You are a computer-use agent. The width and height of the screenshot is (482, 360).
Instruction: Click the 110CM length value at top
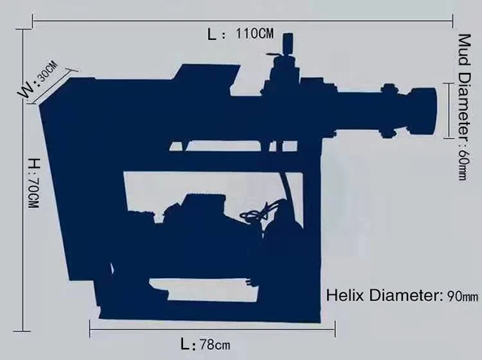[255, 34]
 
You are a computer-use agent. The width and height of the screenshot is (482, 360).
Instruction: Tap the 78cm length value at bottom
[215, 345]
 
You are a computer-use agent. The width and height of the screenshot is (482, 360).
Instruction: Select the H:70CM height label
[32, 183]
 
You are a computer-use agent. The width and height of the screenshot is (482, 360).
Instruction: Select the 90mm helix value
[459, 296]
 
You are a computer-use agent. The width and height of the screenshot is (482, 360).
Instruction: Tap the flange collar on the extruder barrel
[389, 111]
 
